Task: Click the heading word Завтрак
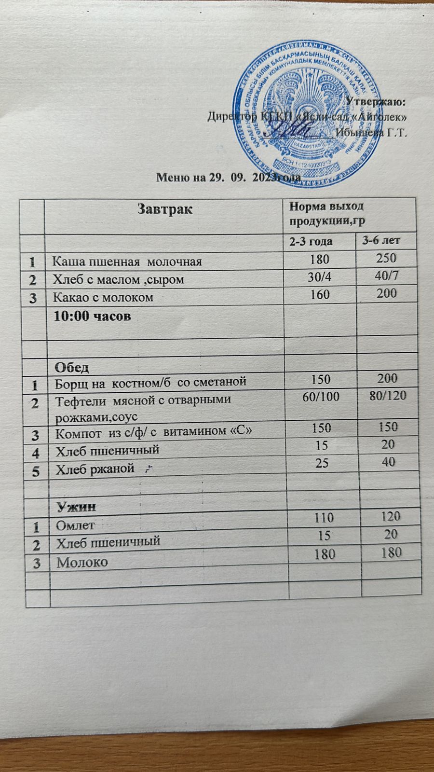pyautogui.click(x=165, y=209)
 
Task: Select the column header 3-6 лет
pyautogui.click(x=381, y=240)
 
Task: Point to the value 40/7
pyautogui.click(x=386, y=276)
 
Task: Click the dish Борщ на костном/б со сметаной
pyautogui.click(x=150, y=382)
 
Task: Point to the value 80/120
pyautogui.click(x=388, y=396)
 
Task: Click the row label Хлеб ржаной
pyautogui.click(x=95, y=469)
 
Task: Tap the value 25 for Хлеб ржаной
pyautogui.click(x=322, y=463)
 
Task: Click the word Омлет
pyautogui.click(x=75, y=524)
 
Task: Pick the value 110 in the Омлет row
pyautogui.click(x=324, y=518)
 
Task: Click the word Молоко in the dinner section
pyautogui.click(x=82, y=562)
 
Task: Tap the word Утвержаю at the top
pyautogui.click(x=376, y=102)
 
